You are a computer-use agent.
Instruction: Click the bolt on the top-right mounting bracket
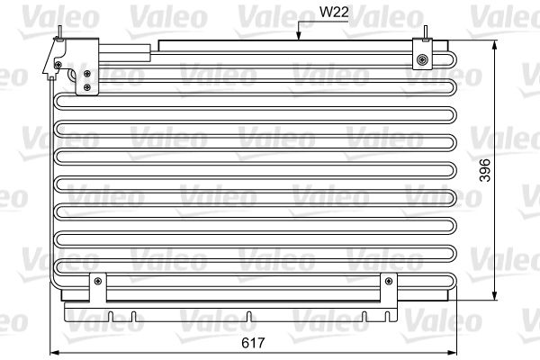point(422,61)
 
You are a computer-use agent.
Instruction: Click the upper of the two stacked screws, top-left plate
point(87,74)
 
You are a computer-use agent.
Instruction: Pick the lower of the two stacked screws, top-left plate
point(87,87)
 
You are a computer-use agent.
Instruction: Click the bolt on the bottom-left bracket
point(96,283)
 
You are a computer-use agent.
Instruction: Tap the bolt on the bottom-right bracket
point(389,283)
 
